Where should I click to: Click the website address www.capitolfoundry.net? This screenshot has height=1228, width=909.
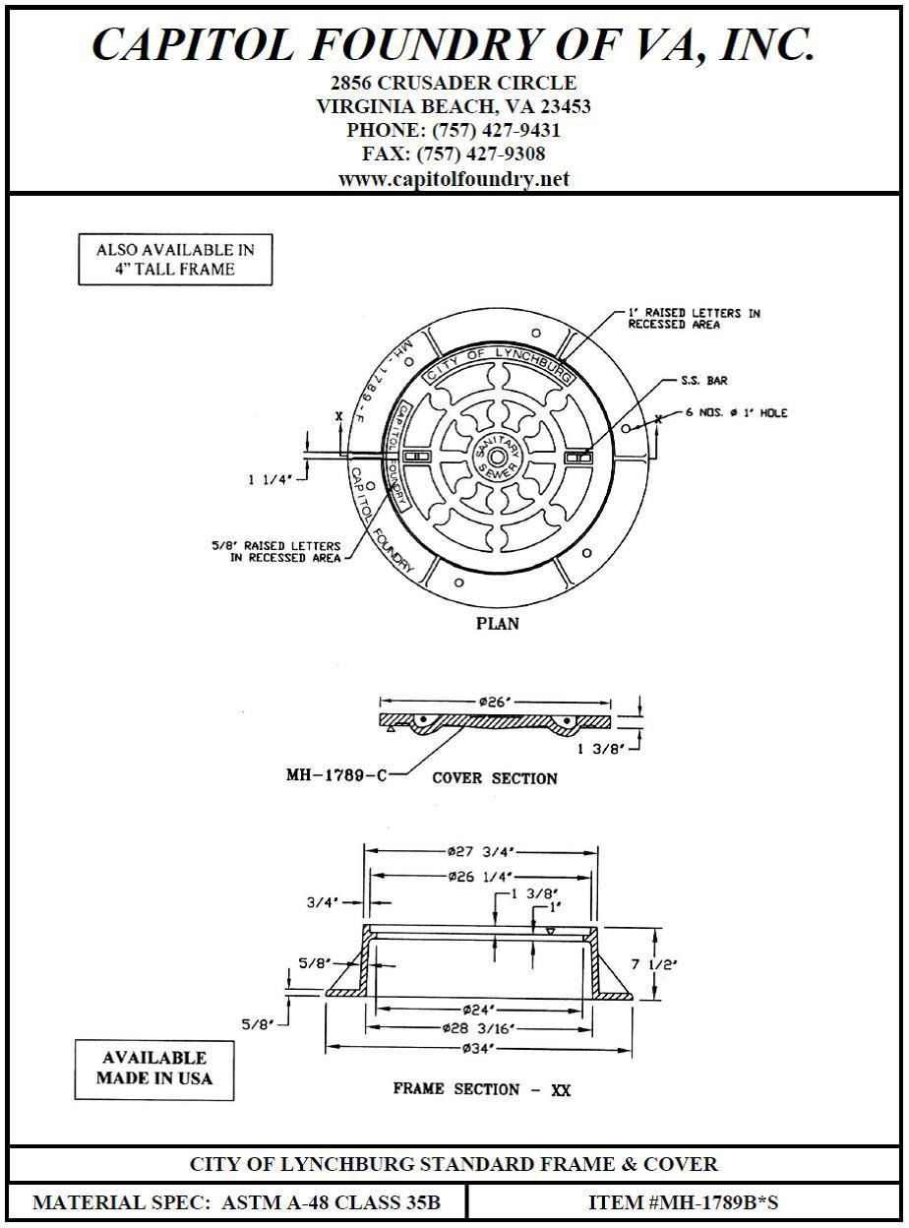click(x=454, y=179)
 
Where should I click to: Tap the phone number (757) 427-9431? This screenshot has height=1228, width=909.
click(x=454, y=130)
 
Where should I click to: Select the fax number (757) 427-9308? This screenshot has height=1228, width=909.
click(x=454, y=154)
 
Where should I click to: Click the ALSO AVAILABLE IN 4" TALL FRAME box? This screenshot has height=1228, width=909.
click(x=175, y=260)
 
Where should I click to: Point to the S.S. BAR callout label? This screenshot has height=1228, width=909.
click(x=704, y=380)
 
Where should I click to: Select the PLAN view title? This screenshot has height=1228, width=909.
click(x=498, y=624)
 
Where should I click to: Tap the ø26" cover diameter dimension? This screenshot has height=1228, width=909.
click(x=498, y=702)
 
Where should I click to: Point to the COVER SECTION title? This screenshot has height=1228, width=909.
click(x=495, y=778)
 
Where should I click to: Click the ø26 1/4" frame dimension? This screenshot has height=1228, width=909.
click(x=481, y=876)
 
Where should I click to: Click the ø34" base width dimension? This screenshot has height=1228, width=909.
click(x=478, y=1049)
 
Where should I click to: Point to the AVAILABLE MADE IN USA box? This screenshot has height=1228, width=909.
click(x=153, y=1069)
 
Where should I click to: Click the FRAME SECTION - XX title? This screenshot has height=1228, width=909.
click(x=482, y=1089)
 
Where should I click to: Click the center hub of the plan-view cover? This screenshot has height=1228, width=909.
click(x=497, y=457)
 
